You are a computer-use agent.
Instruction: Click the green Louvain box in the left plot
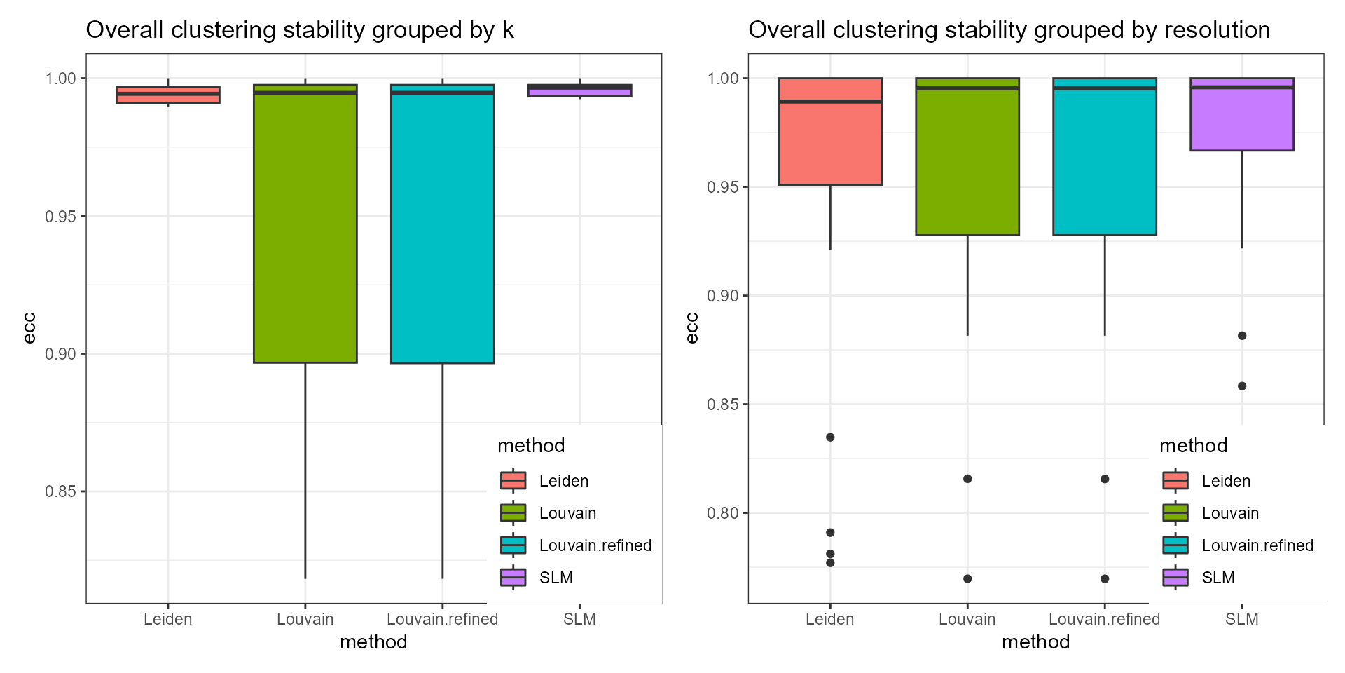[x=305, y=224]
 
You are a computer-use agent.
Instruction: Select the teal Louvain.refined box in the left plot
[x=442, y=224]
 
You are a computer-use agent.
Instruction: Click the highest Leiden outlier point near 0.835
[x=830, y=437]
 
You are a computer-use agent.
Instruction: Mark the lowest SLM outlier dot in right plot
[x=1242, y=386]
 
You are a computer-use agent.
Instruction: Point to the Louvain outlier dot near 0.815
[x=967, y=479]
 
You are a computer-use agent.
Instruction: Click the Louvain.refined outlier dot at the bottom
[x=1105, y=579]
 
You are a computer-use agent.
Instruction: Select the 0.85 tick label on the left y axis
[x=60, y=492]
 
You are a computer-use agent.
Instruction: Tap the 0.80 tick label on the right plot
[x=723, y=513]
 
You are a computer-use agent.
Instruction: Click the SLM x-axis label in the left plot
[x=579, y=620]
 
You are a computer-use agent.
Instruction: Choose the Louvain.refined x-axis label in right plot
[x=1104, y=620]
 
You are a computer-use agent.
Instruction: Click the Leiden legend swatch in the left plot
[x=513, y=481]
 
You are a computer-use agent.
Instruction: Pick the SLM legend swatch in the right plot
[x=1175, y=578]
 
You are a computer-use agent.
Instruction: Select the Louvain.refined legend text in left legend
[x=595, y=545]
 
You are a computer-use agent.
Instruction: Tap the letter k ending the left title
[x=508, y=30]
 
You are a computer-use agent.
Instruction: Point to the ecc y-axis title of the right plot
[x=692, y=328]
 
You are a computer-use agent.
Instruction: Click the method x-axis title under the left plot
[x=373, y=642]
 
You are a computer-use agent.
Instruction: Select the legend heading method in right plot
[x=1193, y=446]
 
